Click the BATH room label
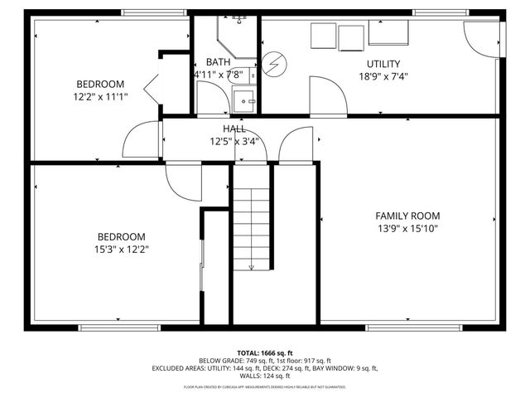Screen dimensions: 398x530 (x=219, y=62)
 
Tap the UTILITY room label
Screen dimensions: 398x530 (x=383, y=64)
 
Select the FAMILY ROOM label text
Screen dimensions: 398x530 (x=407, y=216)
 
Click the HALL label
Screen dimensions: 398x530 (x=234, y=129)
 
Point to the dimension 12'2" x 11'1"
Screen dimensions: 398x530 (x=100, y=96)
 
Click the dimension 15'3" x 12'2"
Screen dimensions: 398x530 (x=122, y=249)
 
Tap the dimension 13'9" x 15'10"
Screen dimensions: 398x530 (x=407, y=228)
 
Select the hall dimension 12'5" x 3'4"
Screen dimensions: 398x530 (x=234, y=141)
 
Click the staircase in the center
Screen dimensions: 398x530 (x=252, y=228)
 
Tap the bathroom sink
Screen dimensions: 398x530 (x=244, y=102)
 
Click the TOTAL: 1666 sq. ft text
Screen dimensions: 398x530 (x=265, y=352)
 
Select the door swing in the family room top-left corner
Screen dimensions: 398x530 (x=296, y=147)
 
